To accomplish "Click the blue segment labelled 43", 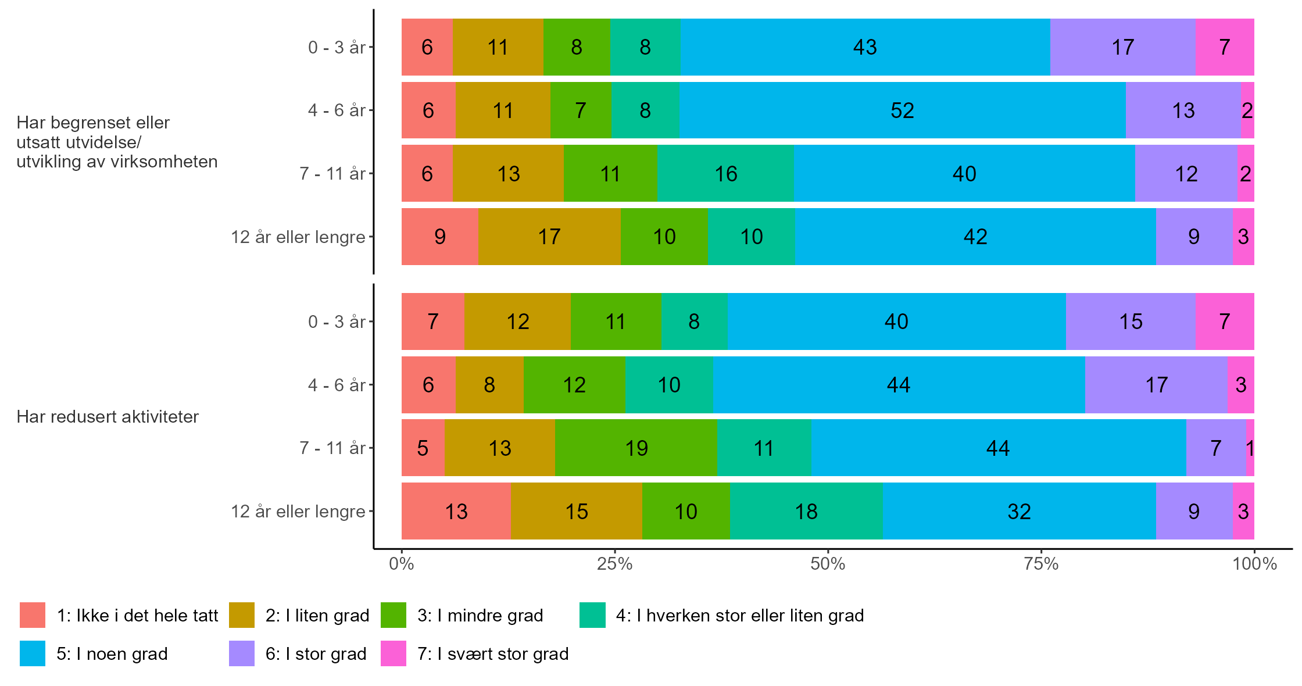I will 865,47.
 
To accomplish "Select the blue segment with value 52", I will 902,110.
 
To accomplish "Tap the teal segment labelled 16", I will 725,174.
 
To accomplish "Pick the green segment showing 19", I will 636,448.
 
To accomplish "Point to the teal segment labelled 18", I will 806,512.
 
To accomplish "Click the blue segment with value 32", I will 1019,512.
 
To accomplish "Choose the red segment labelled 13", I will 456,512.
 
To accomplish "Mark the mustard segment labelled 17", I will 549,237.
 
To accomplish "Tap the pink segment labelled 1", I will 1250,448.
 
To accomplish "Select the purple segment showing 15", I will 1131,321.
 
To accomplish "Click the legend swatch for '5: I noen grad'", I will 33,653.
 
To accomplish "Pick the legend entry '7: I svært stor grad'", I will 493,654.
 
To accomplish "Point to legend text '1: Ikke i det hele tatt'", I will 137,616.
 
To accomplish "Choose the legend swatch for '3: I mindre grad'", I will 394,615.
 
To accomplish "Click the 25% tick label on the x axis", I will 614,564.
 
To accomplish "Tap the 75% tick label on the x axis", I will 1040,564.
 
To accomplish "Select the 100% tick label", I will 1254,564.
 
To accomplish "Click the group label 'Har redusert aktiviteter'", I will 108,417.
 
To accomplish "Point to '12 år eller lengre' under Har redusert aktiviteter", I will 298,512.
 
